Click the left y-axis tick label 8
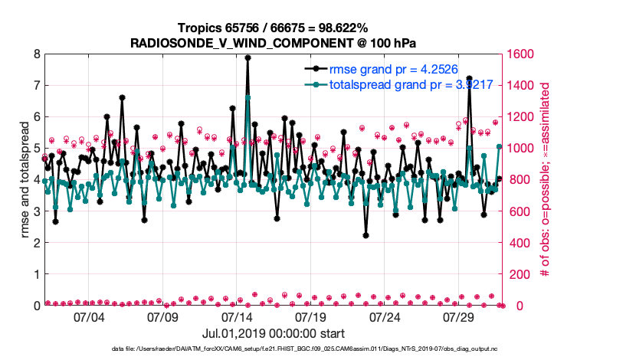[x=36, y=54]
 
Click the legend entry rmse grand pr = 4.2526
[x=392, y=67]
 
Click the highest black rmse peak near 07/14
[x=248, y=57]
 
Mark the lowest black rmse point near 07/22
[x=366, y=236]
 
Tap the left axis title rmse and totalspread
[x=25, y=180]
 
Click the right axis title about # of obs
[x=545, y=179]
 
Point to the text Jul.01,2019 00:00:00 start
[x=273, y=333]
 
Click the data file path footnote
[x=317, y=349]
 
